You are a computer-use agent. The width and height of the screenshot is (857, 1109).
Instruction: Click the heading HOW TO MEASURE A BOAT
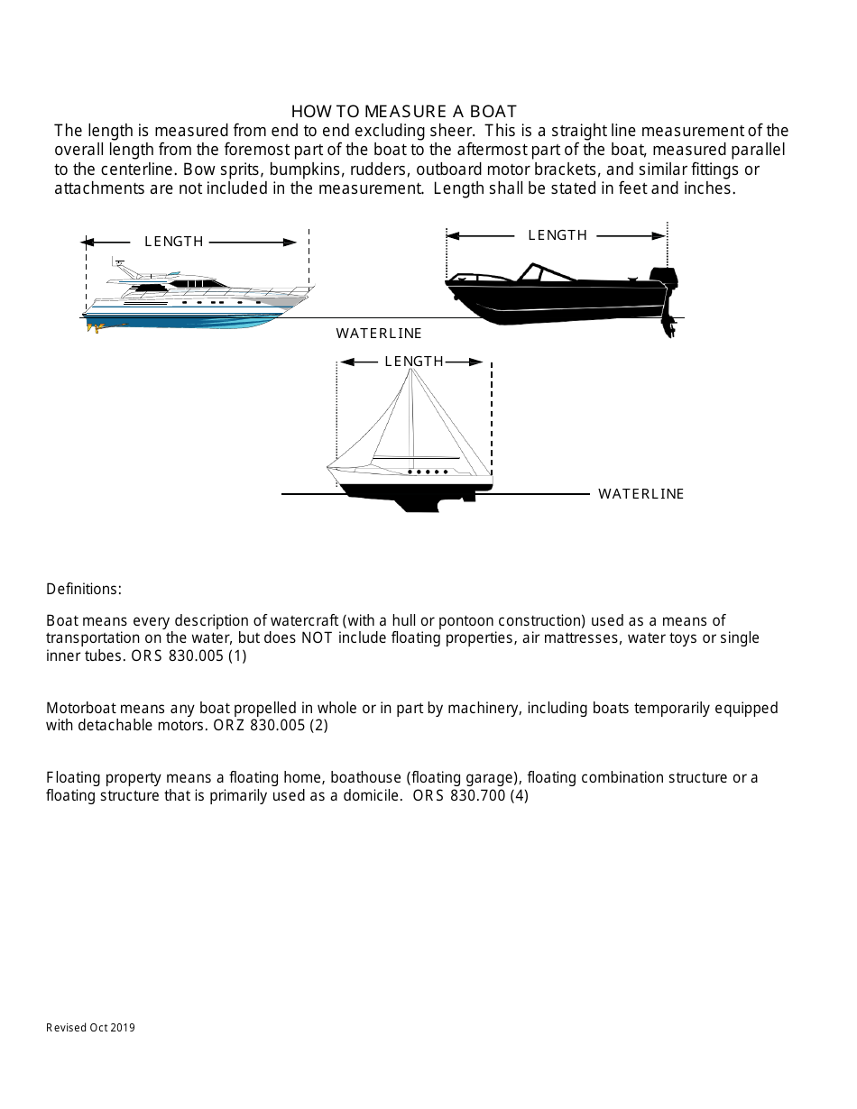pos(403,111)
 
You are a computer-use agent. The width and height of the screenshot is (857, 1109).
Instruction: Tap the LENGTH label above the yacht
pos(174,242)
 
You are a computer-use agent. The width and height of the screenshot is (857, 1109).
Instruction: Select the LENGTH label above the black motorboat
pos(557,235)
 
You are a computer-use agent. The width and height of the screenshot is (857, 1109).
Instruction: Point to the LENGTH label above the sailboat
pos(414,362)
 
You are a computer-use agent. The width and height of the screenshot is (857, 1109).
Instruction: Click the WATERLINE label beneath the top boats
pos(379,334)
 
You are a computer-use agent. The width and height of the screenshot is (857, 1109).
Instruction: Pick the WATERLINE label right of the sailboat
pos(640,494)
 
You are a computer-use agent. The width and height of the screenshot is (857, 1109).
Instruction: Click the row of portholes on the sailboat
pos(428,472)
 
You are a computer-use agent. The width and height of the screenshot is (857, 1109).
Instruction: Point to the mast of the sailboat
pos(412,415)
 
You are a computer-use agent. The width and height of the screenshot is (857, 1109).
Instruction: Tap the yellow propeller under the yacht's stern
pos(94,328)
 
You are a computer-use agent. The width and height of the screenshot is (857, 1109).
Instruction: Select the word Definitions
pos(84,589)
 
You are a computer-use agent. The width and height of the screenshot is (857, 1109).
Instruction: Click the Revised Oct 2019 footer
pos(90,1027)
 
